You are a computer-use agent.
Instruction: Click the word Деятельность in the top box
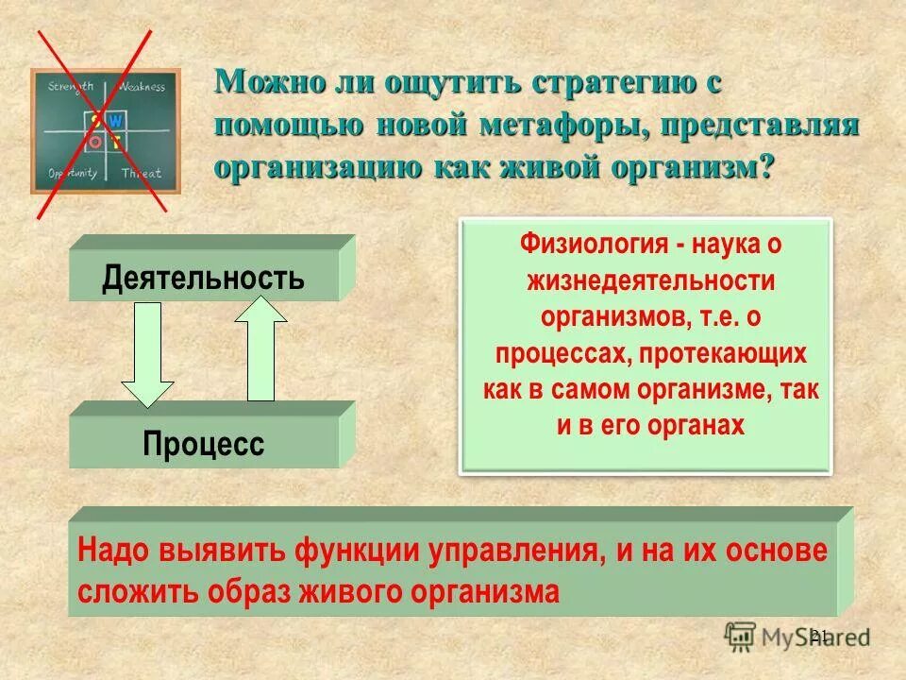tap(204, 278)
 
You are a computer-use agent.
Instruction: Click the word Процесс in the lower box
tap(204, 444)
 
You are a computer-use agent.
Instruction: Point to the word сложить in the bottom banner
tap(130, 591)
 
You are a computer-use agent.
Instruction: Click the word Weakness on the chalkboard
tap(143, 87)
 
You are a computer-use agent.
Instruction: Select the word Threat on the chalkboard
tap(142, 173)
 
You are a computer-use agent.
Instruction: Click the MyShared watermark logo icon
tap(741, 636)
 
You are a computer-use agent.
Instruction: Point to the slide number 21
tap(818, 635)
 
